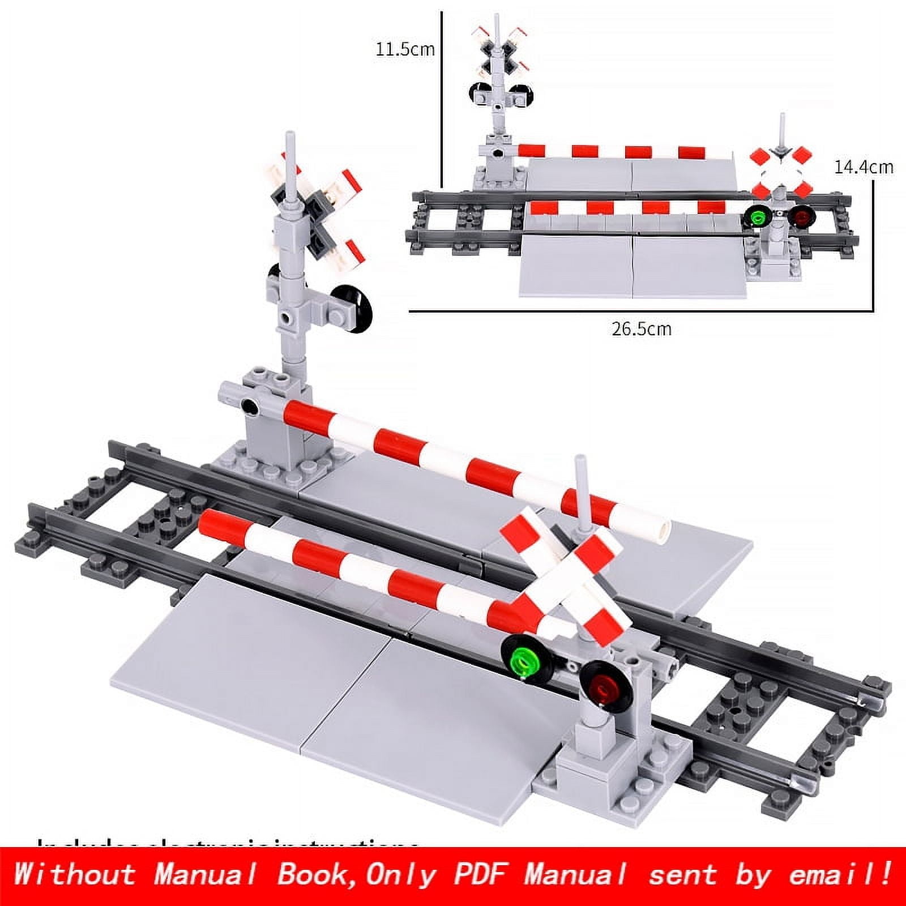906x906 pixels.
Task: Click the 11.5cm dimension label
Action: (x=405, y=49)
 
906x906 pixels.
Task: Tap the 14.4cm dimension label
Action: (x=863, y=168)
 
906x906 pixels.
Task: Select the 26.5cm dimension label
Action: (x=641, y=329)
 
